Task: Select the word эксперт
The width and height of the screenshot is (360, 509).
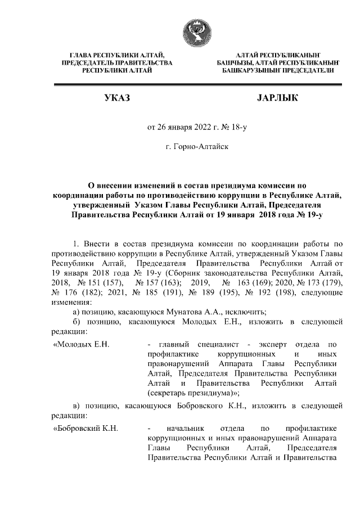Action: tap(273, 343)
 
